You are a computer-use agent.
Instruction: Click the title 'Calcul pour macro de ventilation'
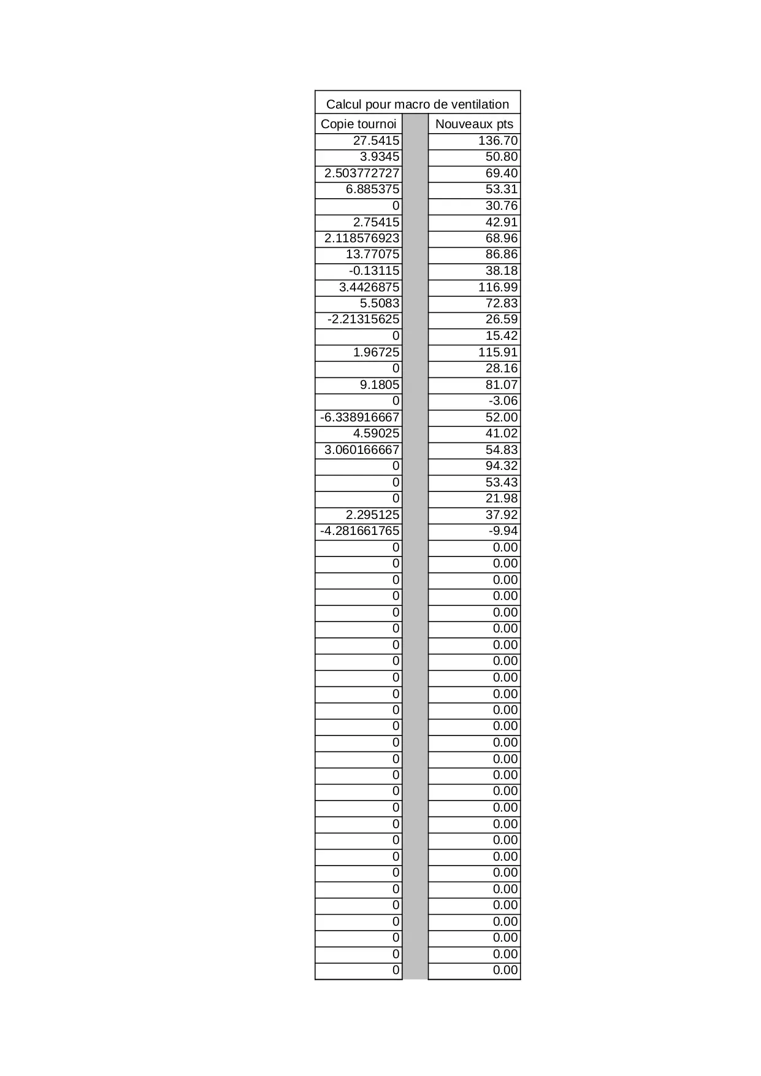(x=417, y=104)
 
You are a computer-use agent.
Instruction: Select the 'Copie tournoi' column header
(x=358, y=124)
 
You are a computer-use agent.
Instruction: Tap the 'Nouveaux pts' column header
(x=474, y=124)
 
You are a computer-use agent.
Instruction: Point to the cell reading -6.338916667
(x=359, y=417)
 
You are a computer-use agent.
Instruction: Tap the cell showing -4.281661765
(x=359, y=531)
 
